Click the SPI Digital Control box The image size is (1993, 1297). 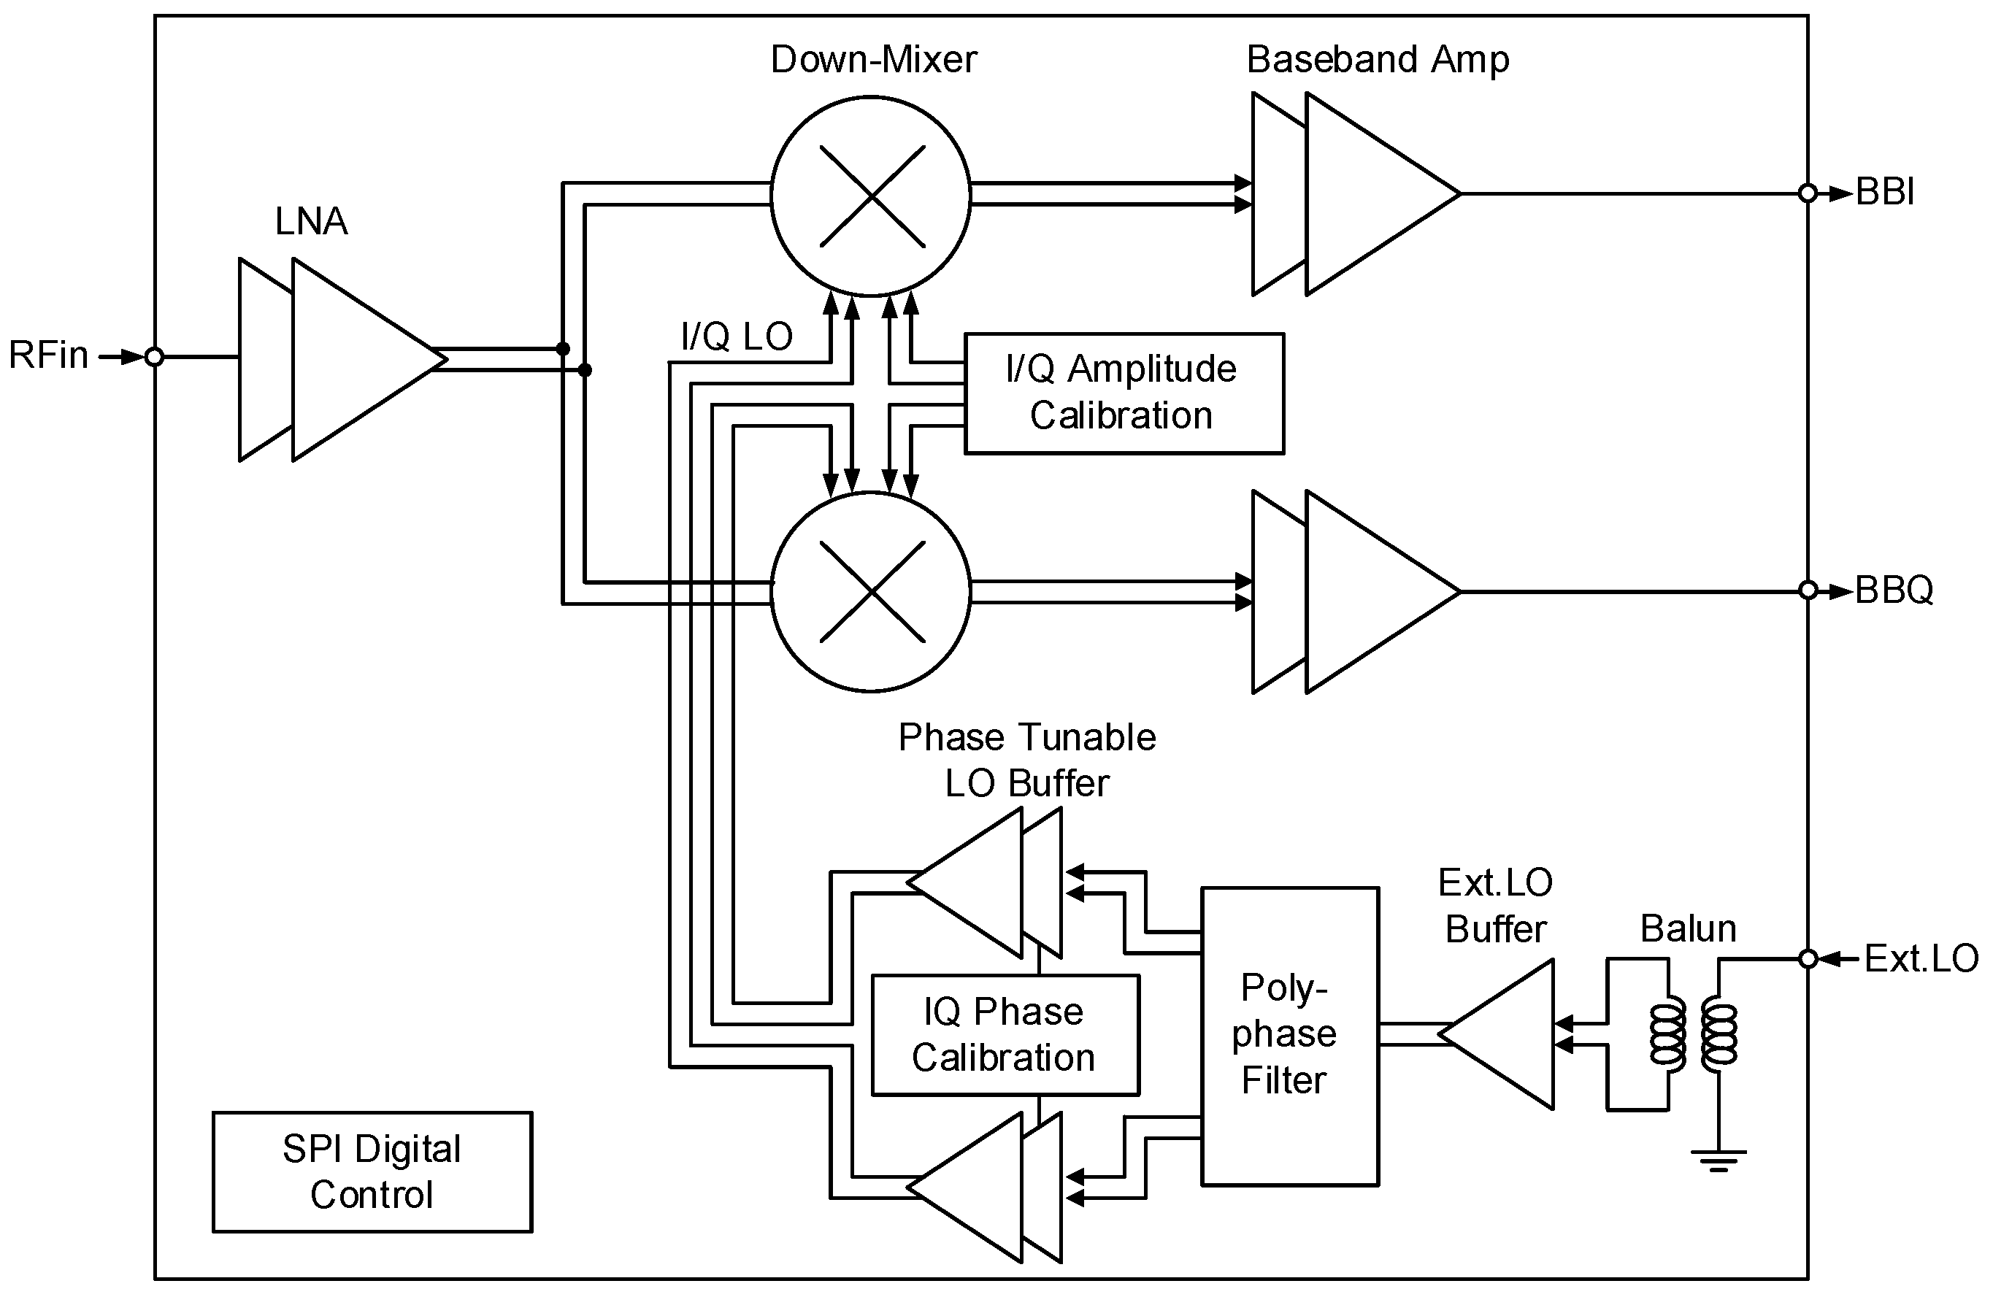pos(372,1171)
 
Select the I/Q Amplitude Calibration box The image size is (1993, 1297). pos(1123,393)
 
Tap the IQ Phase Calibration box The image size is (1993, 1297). pos(1005,1034)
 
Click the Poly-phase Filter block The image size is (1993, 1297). pos(1289,1036)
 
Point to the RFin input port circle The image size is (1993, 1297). pos(154,358)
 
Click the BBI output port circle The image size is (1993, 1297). pos(1807,193)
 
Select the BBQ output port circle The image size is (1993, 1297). pos(1807,591)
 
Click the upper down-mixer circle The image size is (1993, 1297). pos(871,196)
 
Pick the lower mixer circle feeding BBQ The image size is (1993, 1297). pos(871,592)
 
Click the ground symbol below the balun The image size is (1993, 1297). pos(1719,1160)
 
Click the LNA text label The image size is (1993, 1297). pos(311,222)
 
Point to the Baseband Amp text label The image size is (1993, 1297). pos(1378,59)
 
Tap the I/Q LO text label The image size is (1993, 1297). pos(736,336)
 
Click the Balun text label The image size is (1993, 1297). pos(1687,928)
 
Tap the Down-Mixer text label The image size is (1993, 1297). pos(872,59)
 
